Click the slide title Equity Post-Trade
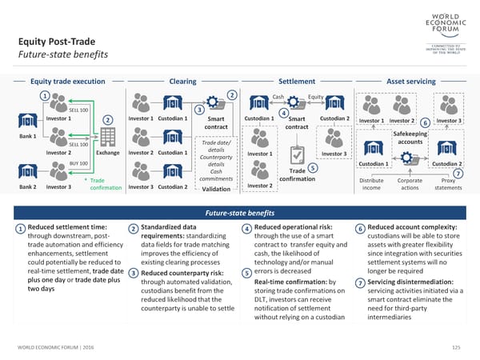coord(55,42)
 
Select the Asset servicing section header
coord(410,81)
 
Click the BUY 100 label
coord(78,163)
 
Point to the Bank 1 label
coord(28,137)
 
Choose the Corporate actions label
coord(410,185)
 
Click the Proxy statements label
coord(447,185)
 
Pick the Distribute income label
coord(371,185)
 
